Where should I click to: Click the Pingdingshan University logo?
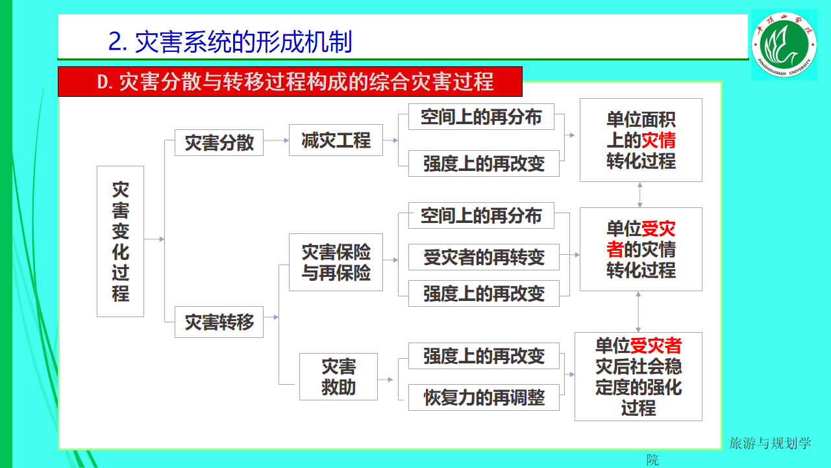pyautogui.click(x=784, y=44)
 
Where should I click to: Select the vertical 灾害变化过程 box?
pyautogui.click(x=120, y=241)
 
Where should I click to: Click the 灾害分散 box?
pyautogui.click(x=219, y=142)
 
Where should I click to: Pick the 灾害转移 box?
pyautogui.click(x=219, y=322)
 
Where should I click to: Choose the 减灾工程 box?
pyautogui.click(x=336, y=140)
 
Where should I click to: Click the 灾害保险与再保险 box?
pyautogui.click(x=336, y=262)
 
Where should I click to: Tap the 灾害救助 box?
pyautogui.click(x=338, y=376)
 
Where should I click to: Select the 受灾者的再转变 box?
pyautogui.click(x=483, y=257)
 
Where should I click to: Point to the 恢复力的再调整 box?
pyautogui.click(x=483, y=397)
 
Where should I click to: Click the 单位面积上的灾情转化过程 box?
pyautogui.click(x=641, y=140)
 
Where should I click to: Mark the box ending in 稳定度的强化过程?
pyautogui.click(x=638, y=376)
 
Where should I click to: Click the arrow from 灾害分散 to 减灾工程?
pyautogui.click(x=277, y=140)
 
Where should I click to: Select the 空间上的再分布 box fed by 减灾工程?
pyautogui.click(x=480, y=117)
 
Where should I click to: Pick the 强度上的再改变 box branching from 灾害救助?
pyautogui.click(x=483, y=356)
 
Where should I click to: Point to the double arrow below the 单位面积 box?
pyautogui.click(x=640, y=194)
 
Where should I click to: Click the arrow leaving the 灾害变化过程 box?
pyautogui.click(x=155, y=239)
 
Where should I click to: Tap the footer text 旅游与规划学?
pyautogui.click(x=770, y=443)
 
